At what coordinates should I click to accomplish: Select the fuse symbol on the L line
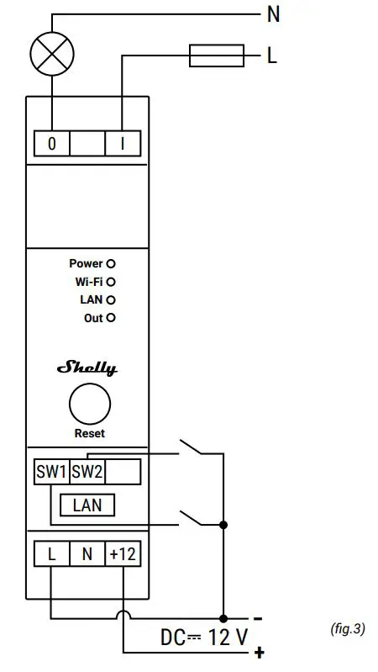(x=217, y=57)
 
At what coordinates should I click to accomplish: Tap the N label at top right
(x=273, y=13)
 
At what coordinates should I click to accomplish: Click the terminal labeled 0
(x=51, y=144)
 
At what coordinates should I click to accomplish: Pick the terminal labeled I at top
(x=123, y=144)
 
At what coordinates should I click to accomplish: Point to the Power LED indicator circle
(x=111, y=263)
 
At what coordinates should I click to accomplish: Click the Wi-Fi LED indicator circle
(x=111, y=282)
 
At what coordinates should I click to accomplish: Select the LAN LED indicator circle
(x=111, y=299)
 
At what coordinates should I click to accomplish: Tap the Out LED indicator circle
(x=111, y=318)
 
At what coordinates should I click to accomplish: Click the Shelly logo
(x=87, y=368)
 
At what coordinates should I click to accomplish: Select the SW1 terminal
(x=50, y=472)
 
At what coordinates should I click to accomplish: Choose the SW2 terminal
(x=87, y=472)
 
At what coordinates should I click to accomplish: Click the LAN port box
(x=87, y=505)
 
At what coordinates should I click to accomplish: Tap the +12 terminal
(x=123, y=554)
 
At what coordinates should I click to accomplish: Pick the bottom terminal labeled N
(x=87, y=554)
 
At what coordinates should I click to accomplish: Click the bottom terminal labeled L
(x=51, y=554)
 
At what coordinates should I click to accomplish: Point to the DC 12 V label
(x=204, y=637)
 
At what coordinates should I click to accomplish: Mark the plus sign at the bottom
(x=259, y=653)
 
